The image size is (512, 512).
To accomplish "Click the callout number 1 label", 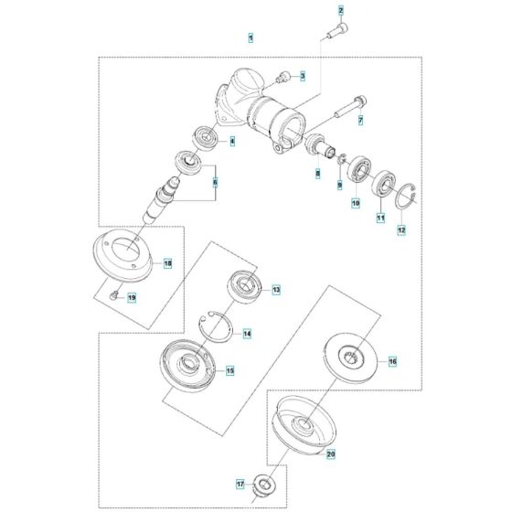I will point(251,37).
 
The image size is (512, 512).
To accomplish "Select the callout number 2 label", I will point(340,10).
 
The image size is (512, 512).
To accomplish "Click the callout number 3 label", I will point(302,75).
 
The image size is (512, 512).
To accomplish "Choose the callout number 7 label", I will point(359,120).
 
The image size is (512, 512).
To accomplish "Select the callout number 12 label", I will point(400,230).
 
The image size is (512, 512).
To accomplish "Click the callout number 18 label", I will point(167,263).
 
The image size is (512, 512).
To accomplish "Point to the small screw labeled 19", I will point(112,294).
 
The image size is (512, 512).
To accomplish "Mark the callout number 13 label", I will point(276,289).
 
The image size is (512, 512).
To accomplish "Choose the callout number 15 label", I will point(230,370).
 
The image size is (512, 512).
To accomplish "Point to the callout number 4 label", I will point(232,142).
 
